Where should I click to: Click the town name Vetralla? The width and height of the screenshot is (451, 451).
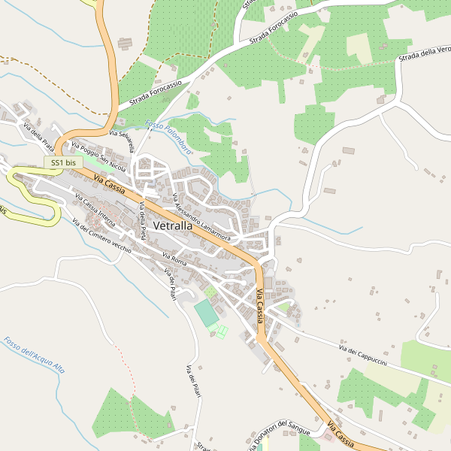pyautogui.click(x=182, y=225)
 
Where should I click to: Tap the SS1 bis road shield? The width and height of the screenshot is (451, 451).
pyautogui.click(x=64, y=162)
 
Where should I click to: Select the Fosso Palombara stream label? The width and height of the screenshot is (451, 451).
pyautogui.click(x=169, y=137)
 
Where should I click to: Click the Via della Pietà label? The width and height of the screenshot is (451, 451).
pyautogui.click(x=142, y=225)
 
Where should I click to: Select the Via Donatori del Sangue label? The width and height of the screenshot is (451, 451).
pyautogui.click(x=280, y=435)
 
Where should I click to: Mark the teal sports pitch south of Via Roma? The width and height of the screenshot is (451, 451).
pyautogui.click(x=207, y=313)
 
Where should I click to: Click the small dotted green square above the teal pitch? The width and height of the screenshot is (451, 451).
pyautogui.click(x=210, y=290)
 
